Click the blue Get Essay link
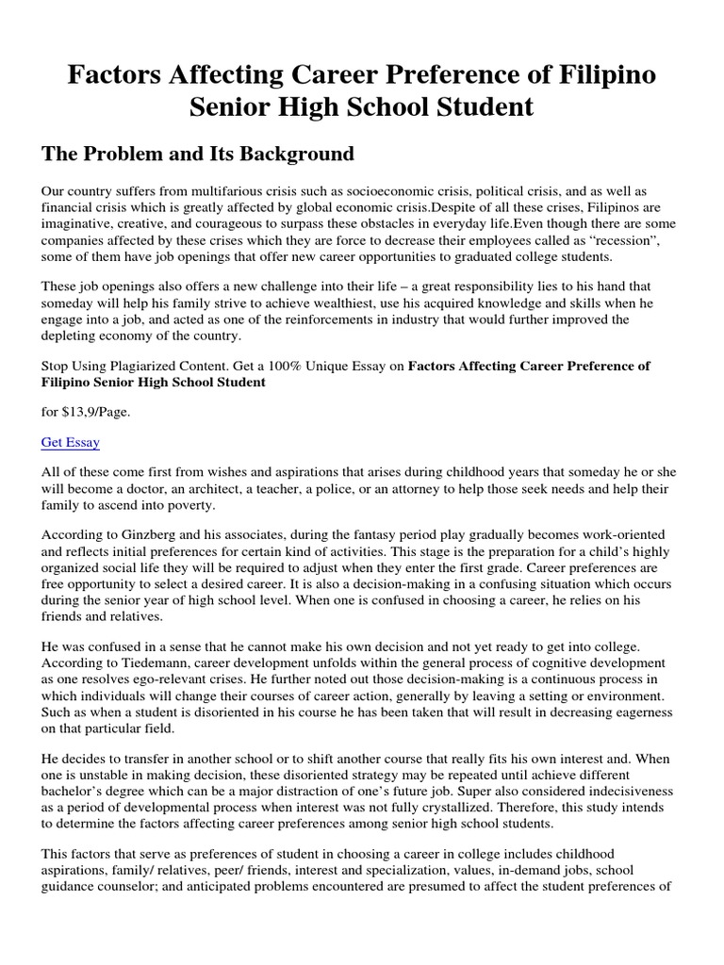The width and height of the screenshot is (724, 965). click(71, 442)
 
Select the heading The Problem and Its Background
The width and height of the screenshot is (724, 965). click(198, 153)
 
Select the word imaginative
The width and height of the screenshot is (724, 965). click(78, 223)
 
